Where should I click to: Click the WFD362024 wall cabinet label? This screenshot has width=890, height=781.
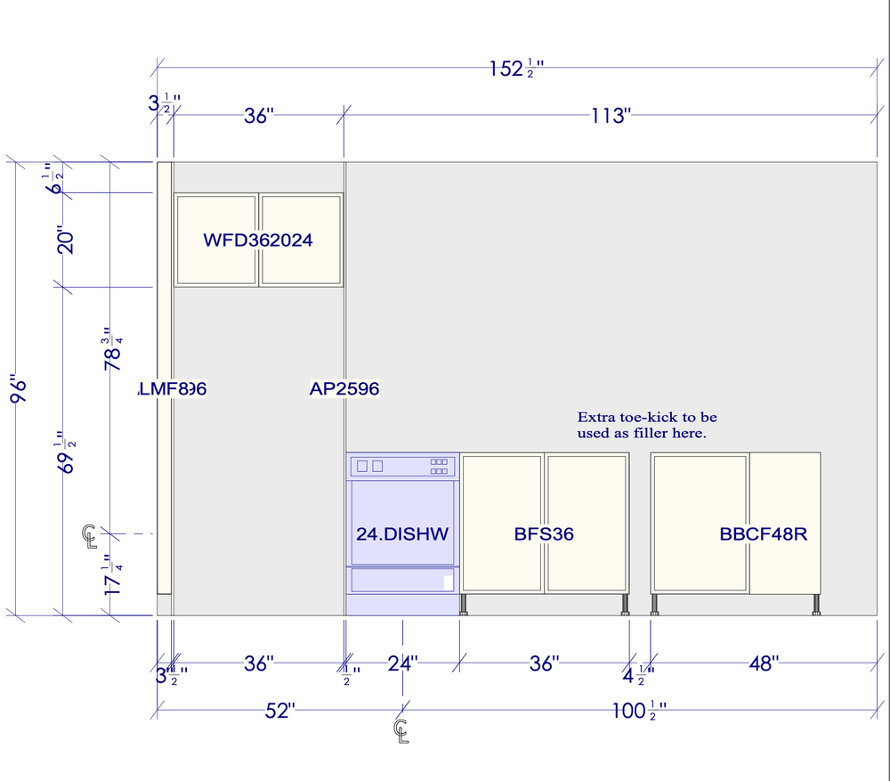click(x=258, y=240)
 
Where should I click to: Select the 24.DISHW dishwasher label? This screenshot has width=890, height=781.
click(x=402, y=534)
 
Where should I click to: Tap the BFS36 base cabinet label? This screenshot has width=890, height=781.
click(x=544, y=534)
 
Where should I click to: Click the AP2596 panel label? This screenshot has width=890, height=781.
click(x=344, y=389)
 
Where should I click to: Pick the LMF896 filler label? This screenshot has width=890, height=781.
click(x=174, y=389)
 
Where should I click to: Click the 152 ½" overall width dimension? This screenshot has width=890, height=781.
click(x=516, y=69)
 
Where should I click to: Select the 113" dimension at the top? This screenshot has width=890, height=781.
click(x=610, y=116)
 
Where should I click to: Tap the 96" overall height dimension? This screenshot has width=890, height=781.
click(x=20, y=389)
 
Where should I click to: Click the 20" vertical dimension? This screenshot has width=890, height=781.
click(x=65, y=239)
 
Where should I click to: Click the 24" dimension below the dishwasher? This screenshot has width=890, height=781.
click(x=402, y=663)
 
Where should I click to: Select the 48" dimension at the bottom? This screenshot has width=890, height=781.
click(x=763, y=663)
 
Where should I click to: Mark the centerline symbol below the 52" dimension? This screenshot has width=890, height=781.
click(x=401, y=730)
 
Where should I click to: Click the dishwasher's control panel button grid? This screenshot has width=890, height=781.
click(x=439, y=466)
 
